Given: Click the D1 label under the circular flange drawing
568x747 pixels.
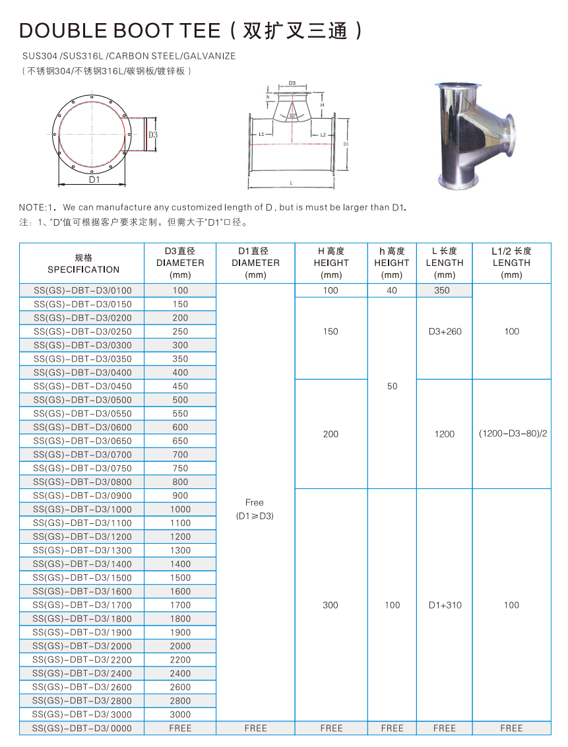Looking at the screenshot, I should click(94, 179).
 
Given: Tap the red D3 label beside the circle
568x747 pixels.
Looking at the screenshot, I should click(152, 135).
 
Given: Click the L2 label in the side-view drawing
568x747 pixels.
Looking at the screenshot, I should click(323, 135).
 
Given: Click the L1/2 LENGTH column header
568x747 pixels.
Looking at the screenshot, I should click(511, 263).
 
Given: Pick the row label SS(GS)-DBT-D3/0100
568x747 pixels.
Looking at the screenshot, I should click(82, 290).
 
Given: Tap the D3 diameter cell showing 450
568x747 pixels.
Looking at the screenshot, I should click(180, 386).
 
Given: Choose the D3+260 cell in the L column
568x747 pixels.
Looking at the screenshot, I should click(445, 331).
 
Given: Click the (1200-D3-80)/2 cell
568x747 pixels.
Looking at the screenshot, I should click(511, 434).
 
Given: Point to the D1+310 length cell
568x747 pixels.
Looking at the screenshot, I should click(445, 605).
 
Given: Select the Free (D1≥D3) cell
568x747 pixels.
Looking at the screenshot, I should click(255, 509).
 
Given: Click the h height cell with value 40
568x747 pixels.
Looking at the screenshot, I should click(392, 290).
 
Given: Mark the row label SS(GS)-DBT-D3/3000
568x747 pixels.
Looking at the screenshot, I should click(82, 715).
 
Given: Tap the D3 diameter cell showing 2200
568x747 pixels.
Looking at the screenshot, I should click(180, 660).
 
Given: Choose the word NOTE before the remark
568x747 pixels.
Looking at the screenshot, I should click(33, 207).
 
